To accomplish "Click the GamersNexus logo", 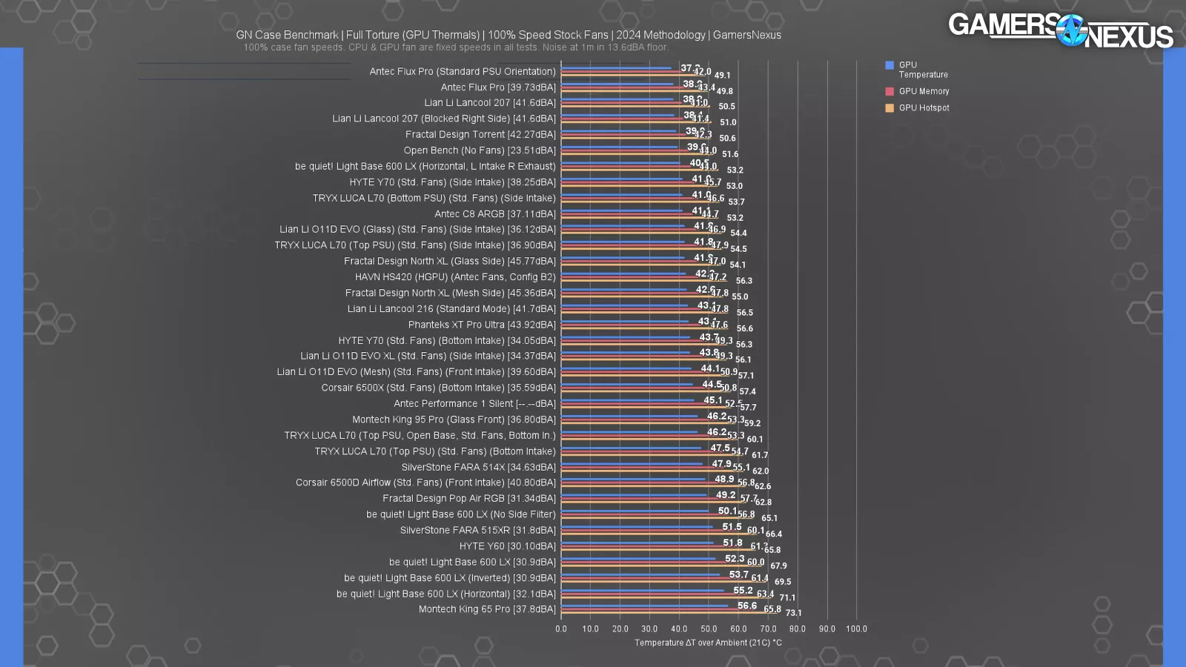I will pyautogui.click(x=1060, y=30).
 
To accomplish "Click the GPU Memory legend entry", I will pyautogui.click(x=924, y=91).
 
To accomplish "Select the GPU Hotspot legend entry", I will pyautogui.click(x=924, y=107).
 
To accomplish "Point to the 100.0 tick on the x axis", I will pyautogui.click(x=856, y=628).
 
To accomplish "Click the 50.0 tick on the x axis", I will pyautogui.click(x=709, y=628).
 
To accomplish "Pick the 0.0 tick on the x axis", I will pyautogui.click(x=561, y=628).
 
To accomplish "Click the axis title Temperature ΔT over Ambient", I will pyautogui.click(x=708, y=643).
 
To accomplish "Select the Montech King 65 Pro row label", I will pyautogui.click(x=487, y=609).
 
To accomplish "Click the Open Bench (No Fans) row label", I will pyautogui.click(x=480, y=150).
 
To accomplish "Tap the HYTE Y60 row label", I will pyautogui.click(x=507, y=546).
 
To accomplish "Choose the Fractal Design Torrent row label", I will pyautogui.click(x=480, y=134).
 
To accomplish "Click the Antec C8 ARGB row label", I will pyautogui.click(x=495, y=214).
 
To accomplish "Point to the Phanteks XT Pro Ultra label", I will pyautogui.click(x=482, y=325).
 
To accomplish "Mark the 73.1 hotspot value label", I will pyautogui.click(x=793, y=613).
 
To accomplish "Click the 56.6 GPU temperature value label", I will pyautogui.click(x=747, y=605).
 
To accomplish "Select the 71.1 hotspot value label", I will pyautogui.click(x=787, y=597).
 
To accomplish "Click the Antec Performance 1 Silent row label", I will pyautogui.click(x=474, y=404).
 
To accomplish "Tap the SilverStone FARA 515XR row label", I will pyautogui.click(x=477, y=530).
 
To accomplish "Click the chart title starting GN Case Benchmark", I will pyautogui.click(x=508, y=35).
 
